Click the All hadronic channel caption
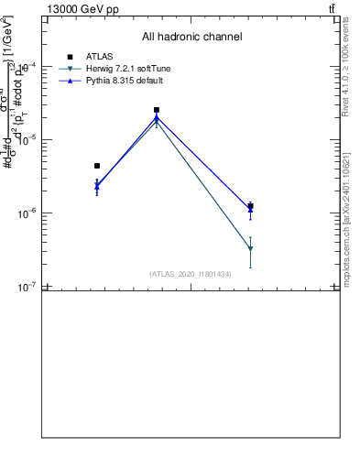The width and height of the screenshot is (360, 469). pos(191,38)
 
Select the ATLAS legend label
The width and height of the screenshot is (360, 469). pos(100,57)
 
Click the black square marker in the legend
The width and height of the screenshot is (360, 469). pos(70,57)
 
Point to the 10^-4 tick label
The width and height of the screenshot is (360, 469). pos(30,66)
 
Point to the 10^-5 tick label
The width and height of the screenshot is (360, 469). pos(30,139)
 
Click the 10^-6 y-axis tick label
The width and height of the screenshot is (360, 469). pos(30,213)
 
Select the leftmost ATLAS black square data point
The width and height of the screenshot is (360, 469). pos(97,166)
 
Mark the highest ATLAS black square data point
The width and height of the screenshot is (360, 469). pos(157,110)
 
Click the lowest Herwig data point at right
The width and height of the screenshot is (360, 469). pos(250,249)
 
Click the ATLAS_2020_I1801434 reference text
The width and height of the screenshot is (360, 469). pos(191,274)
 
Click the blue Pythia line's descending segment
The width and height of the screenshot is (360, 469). pos(203,164)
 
